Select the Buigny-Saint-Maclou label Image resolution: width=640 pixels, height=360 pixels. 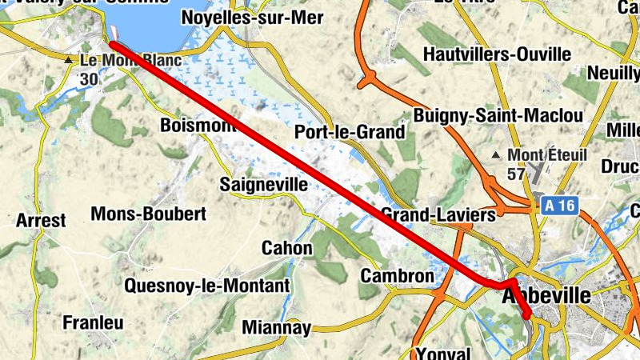click(498, 115)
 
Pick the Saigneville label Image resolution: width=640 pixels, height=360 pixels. click(263, 185)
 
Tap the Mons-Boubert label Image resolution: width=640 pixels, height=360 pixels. click(149, 214)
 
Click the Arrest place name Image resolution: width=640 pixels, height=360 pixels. click(40, 220)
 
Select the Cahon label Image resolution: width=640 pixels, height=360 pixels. click(287, 248)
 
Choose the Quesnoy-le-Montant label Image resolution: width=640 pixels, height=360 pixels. click(206, 286)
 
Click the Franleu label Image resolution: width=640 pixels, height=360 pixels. click(93, 322)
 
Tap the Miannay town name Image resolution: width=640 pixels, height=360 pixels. click(276, 327)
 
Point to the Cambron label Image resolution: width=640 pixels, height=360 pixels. click(397, 276)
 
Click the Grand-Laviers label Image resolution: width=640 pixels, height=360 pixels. click(438, 214)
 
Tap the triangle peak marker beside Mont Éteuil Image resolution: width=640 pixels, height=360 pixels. click(498, 154)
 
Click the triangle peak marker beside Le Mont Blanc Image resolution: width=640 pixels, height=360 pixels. click(70, 60)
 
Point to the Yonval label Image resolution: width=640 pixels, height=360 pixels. click(445, 353)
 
